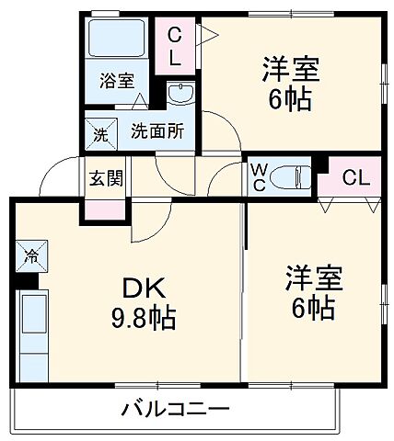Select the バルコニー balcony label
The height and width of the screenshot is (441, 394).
(175, 409)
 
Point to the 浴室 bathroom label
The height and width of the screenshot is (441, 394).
(117, 80)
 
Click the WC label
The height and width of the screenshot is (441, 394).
(259, 176)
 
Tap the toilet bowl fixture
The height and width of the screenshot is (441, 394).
(292, 175)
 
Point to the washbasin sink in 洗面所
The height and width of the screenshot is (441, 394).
(180, 95)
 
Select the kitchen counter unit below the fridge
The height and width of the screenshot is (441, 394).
(35, 326)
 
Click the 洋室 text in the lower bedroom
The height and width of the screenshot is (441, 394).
(314, 278)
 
